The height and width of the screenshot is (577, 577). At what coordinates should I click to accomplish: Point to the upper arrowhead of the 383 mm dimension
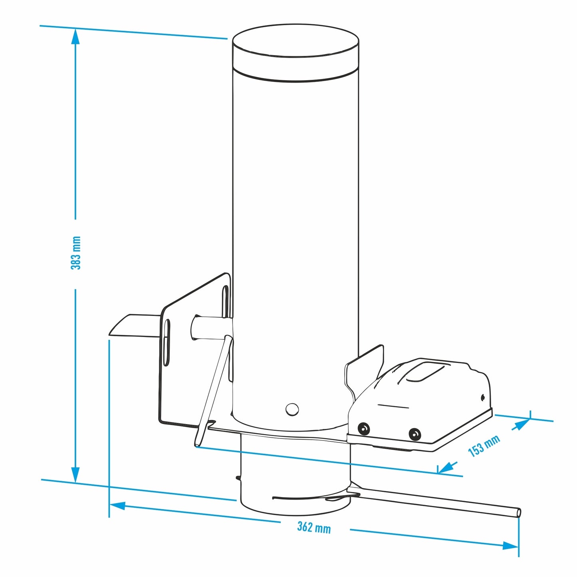coord(75,37)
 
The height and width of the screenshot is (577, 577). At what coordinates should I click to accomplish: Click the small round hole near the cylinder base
coord(292,409)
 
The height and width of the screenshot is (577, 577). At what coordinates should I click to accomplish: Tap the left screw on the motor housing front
coord(363,429)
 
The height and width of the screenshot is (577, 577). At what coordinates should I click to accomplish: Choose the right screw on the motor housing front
coord(415,434)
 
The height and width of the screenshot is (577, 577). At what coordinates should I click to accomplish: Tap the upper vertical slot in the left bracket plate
coord(225,301)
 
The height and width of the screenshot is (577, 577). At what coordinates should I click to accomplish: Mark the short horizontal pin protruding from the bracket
coord(211,327)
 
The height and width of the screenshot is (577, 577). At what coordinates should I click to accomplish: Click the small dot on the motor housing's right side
coord(482,397)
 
